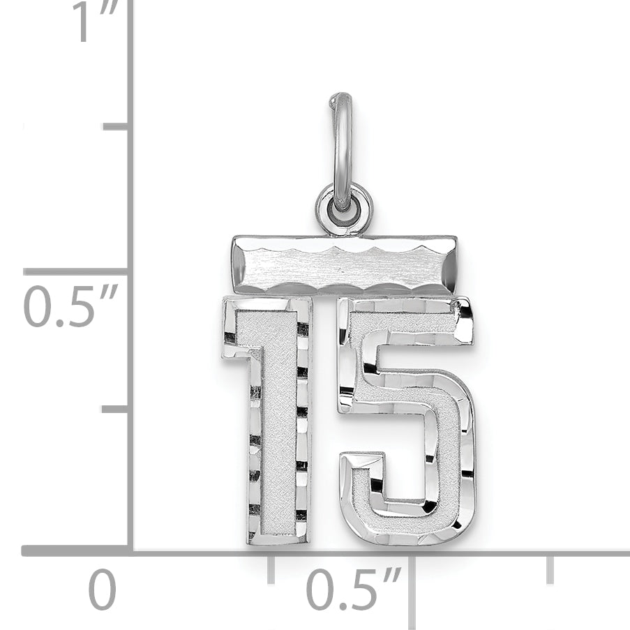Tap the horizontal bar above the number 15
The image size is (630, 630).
tap(345, 265)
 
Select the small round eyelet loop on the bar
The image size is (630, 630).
tap(344, 209)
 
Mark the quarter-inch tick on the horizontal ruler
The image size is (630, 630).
tap(270, 569)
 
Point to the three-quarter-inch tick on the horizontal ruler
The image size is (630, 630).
tap(550, 569)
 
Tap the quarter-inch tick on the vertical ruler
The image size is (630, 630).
tap(115, 408)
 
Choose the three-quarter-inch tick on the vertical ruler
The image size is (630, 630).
tap(116, 126)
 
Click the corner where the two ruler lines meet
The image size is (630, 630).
tap(130, 550)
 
